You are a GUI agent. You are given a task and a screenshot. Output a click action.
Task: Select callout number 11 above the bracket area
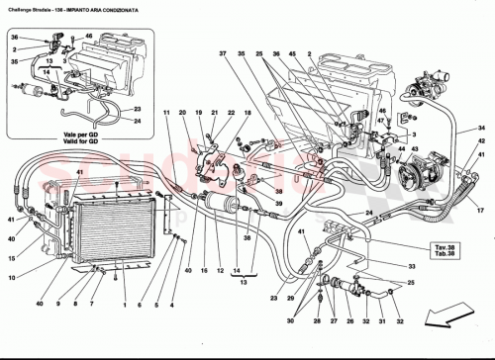coord(168,114)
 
